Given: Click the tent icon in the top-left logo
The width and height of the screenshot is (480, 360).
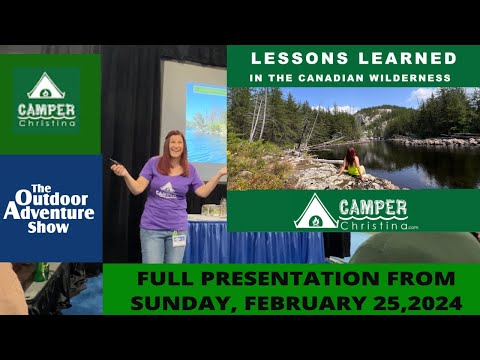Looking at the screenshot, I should (x=46, y=86).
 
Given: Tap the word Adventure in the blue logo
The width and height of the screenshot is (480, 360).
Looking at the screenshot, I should (x=48, y=212).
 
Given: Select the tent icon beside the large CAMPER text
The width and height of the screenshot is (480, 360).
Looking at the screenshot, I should (x=316, y=211).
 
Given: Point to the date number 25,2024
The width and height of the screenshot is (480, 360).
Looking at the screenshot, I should (x=416, y=301).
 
